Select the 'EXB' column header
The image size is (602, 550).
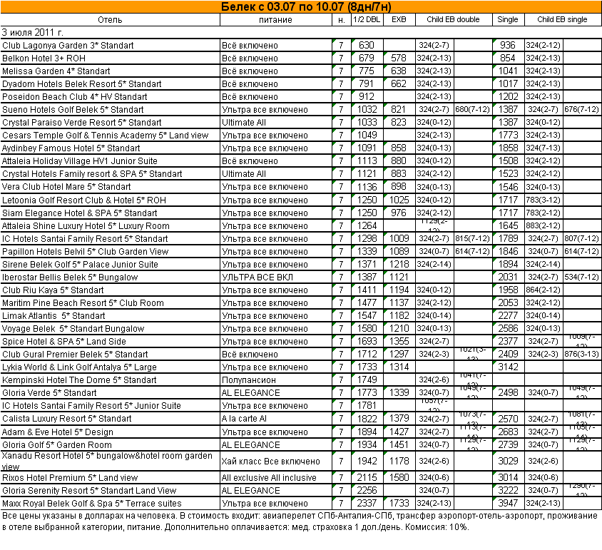click(399, 20)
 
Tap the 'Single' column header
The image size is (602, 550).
click(507, 20)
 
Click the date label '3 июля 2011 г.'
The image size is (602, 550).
click(33, 32)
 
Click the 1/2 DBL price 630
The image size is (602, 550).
click(367, 46)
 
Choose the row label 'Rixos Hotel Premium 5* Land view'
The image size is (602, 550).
click(70, 478)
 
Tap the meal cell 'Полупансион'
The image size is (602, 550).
click(248, 380)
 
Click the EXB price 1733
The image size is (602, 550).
click(399, 504)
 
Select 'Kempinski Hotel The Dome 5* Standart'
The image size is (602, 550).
click(79, 380)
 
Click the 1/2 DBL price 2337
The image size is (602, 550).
click(367, 504)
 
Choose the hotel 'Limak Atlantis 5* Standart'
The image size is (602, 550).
click(53, 316)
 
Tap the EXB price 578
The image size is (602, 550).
click(399, 58)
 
